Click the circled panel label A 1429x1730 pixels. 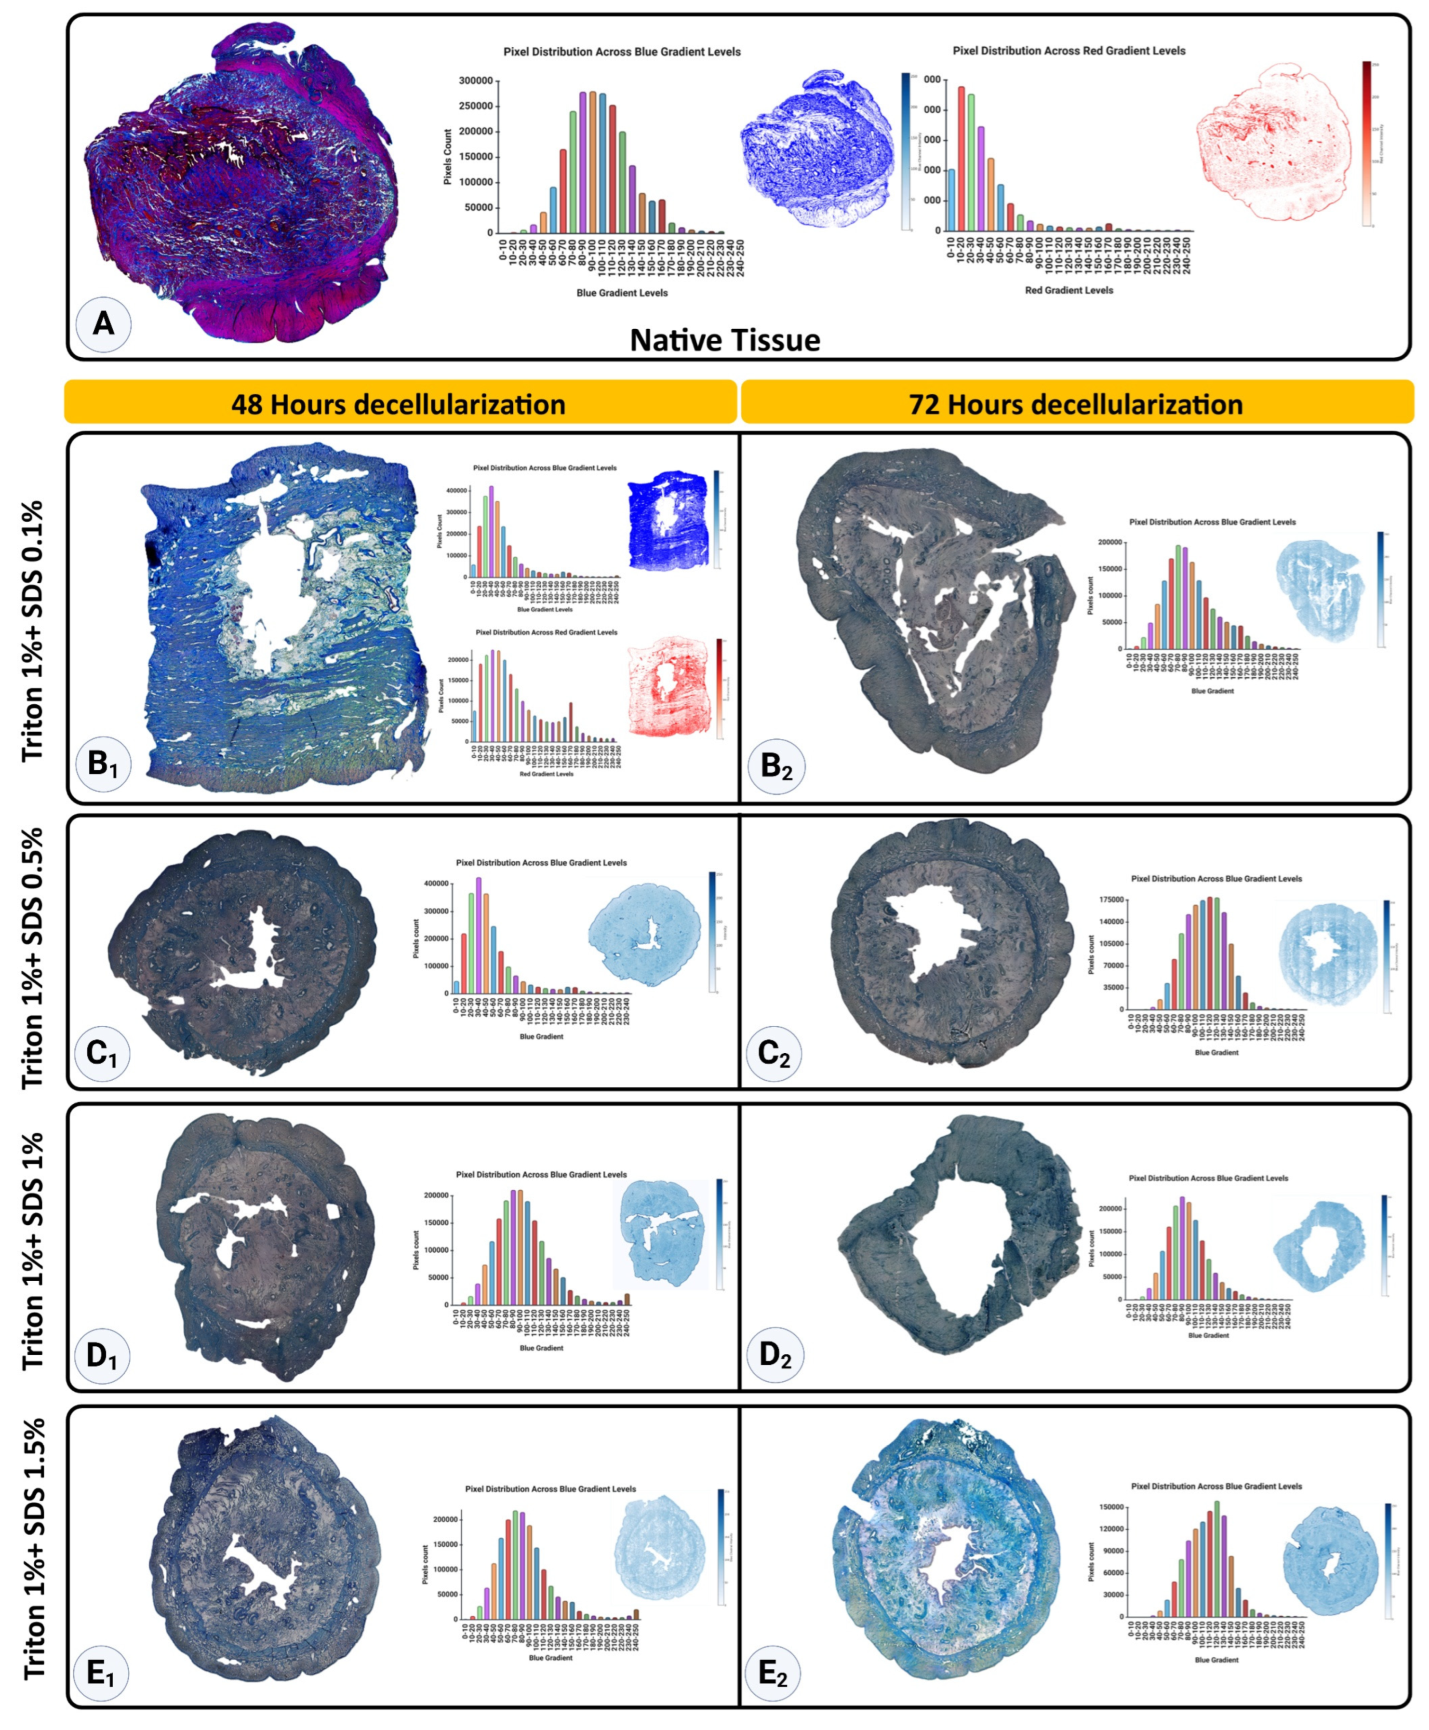pos(103,323)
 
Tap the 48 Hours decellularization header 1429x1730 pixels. pos(399,404)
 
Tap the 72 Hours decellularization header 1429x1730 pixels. pos(1075,404)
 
